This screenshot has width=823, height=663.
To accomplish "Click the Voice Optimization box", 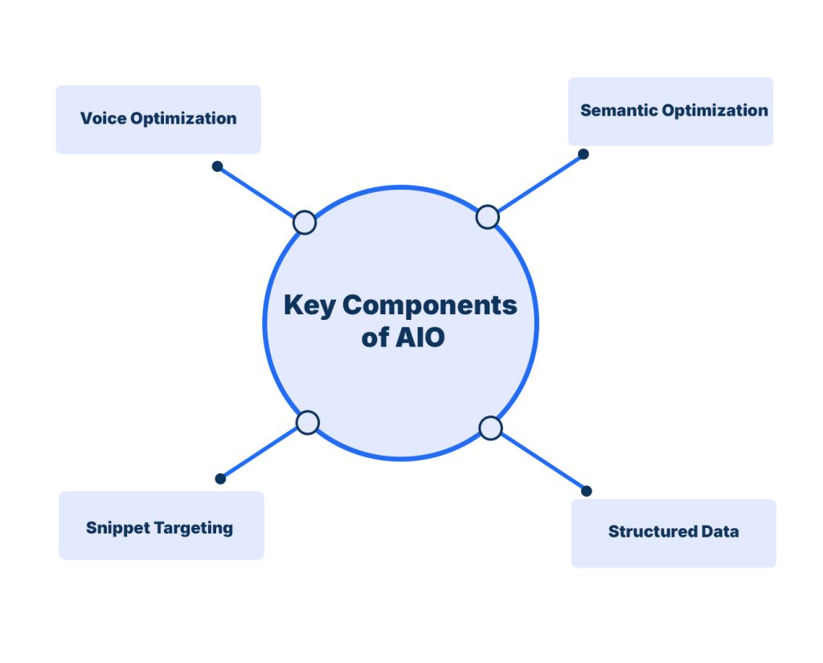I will click(x=158, y=119).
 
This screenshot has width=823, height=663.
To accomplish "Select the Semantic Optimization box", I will click(x=670, y=111).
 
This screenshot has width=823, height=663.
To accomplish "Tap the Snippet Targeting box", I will click(x=161, y=526).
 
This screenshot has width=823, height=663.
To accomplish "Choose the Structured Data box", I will click(x=674, y=533).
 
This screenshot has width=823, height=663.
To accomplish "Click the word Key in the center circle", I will click(x=309, y=305).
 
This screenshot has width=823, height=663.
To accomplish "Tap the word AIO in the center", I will click(x=420, y=338).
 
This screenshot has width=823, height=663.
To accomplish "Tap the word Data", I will click(x=720, y=531).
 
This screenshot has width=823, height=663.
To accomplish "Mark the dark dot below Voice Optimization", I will click(x=216, y=166).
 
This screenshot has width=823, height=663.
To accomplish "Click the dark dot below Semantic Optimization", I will click(x=583, y=153).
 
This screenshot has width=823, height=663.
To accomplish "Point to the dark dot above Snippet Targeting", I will click(x=220, y=479).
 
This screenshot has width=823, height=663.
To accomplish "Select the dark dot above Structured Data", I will click(x=587, y=490).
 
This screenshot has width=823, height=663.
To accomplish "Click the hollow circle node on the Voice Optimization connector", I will click(x=305, y=222).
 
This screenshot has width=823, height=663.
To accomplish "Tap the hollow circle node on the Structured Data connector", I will click(x=490, y=428).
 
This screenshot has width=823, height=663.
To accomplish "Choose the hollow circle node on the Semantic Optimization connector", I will click(x=487, y=216).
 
